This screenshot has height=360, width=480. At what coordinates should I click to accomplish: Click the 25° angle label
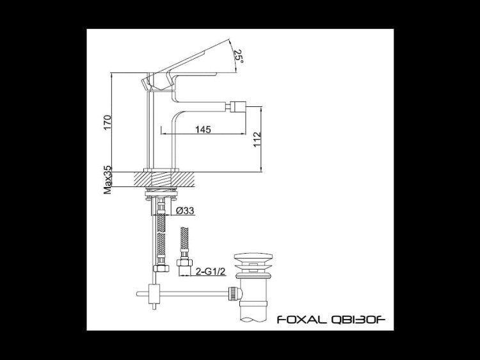point(238,56)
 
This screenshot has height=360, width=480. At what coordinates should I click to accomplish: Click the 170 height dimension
point(108,122)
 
